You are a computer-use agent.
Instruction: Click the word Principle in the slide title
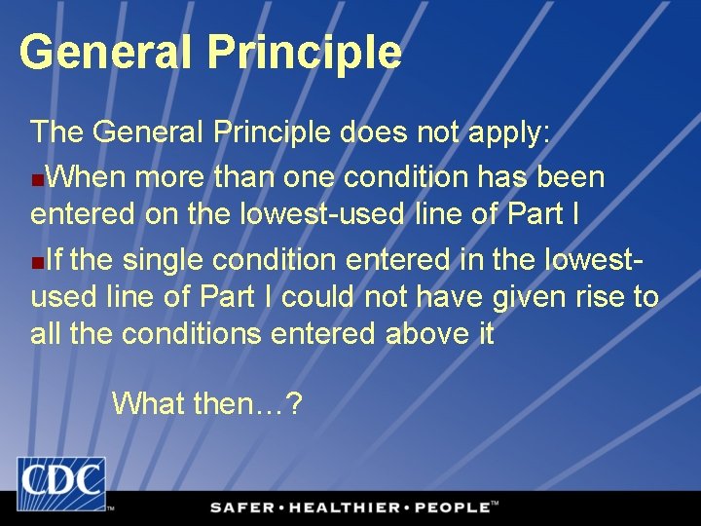[x=304, y=52]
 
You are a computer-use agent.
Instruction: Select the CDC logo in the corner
[x=60, y=484]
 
